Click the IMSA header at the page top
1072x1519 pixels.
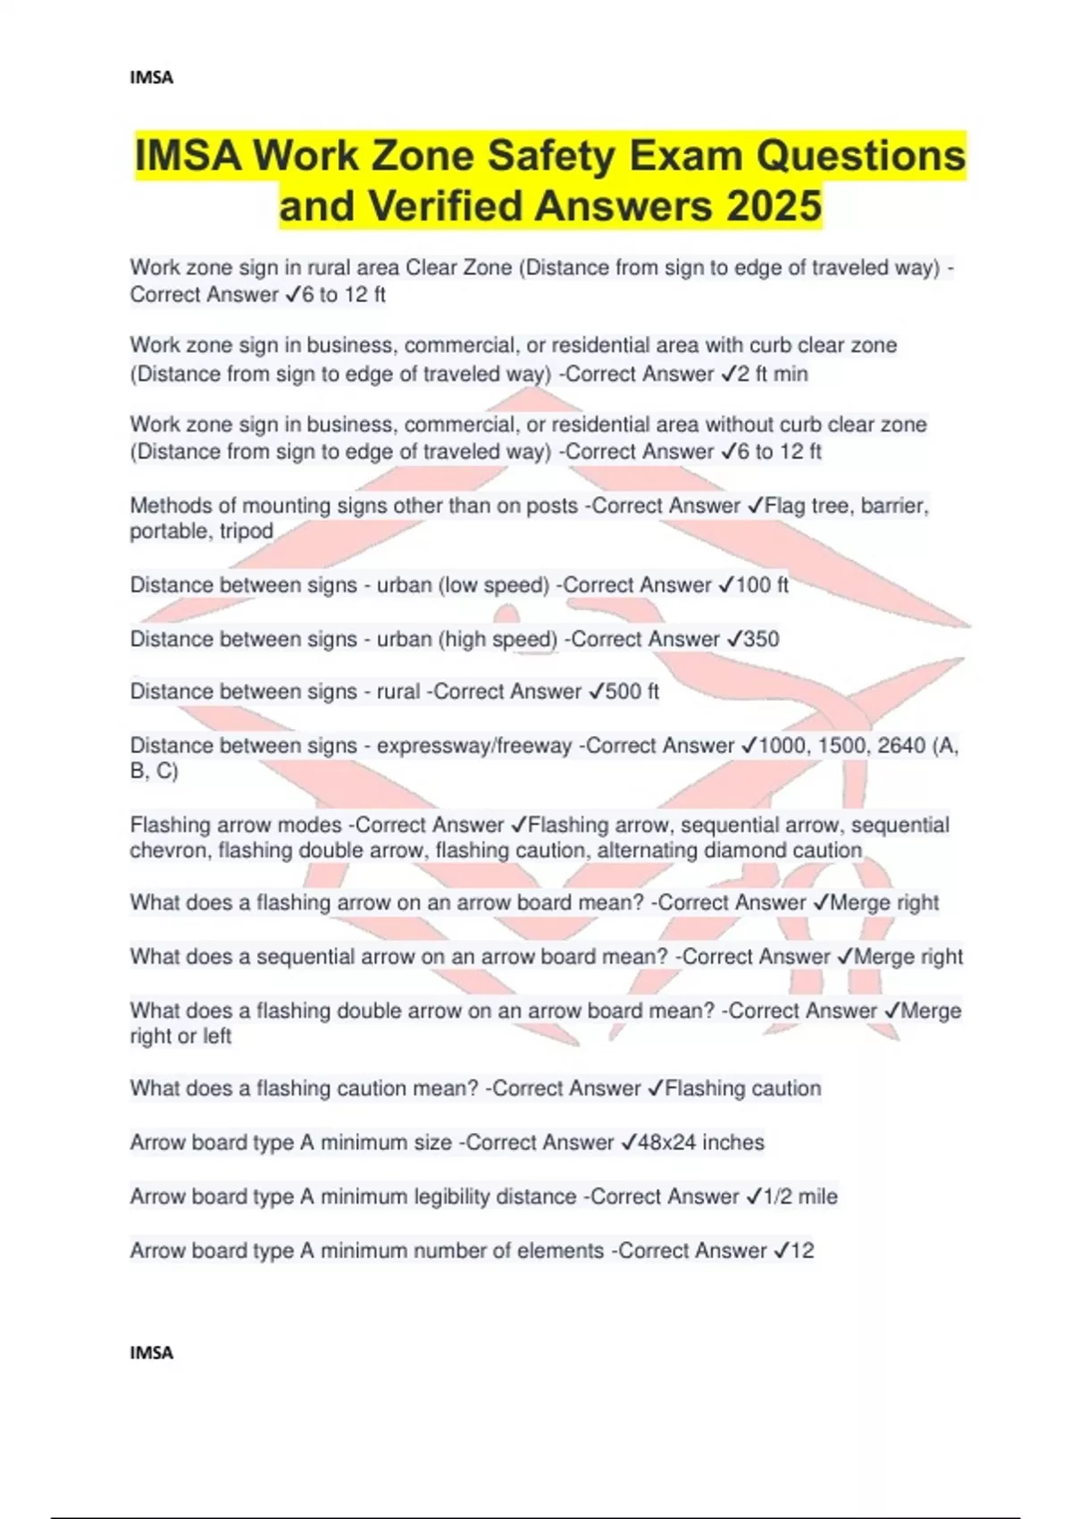click(x=151, y=78)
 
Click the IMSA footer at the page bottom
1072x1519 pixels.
click(x=151, y=1353)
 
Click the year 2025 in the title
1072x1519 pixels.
click(x=774, y=206)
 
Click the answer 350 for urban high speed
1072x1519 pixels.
click(x=761, y=639)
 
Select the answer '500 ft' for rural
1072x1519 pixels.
click(x=632, y=692)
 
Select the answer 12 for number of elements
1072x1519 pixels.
click(x=802, y=1251)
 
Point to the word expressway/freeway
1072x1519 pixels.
click(x=474, y=745)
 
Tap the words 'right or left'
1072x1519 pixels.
click(x=180, y=1036)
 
